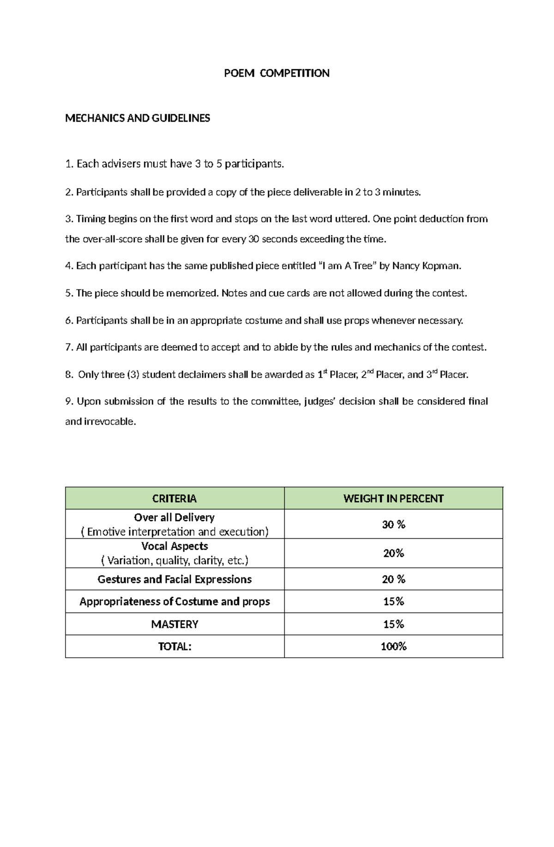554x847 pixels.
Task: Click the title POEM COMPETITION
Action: click(277, 73)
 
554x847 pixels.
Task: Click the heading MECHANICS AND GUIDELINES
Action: click(138, 118)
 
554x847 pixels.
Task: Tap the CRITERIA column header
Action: click(175, 499)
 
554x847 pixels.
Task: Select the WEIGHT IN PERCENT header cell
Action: click(393, 499)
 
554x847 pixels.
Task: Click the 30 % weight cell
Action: click(393, 524)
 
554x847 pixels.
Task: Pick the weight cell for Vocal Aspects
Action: click(393, 553)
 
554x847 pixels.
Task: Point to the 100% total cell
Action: click(393, 646)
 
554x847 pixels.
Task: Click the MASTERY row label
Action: click(175, 624)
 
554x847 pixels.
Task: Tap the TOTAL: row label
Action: click(175, 646)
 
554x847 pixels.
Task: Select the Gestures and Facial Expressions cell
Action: click(175, 579)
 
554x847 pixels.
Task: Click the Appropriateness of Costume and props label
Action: click(175, 601)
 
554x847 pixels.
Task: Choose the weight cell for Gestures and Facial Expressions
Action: click(393, 579)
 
